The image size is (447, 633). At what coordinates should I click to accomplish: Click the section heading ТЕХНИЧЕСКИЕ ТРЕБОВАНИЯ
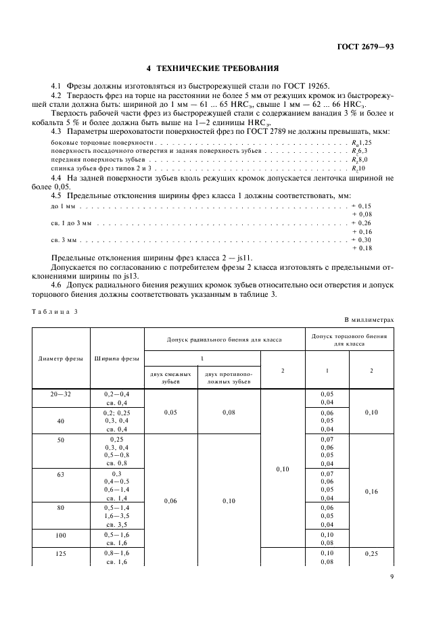pyautogui.click(x=213, y=69)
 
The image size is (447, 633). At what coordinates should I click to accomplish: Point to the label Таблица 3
pyautogui.click(x=55, y=310)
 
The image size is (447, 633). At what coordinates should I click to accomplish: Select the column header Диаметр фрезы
pyautogui.click(x=62, y=358)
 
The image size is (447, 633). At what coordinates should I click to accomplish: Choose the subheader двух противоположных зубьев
pyautogui.click(x=229, y=377)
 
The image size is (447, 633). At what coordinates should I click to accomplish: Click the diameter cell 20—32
pyautogui.click(x=62, y=394)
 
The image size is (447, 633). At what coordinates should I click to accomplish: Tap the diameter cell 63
pyautogui.click(x=62, y=474)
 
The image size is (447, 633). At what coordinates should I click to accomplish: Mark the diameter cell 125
pyautogui.click(x=62, y=553)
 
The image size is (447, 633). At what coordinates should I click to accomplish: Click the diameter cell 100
pyautogui.click(x=62, y=534)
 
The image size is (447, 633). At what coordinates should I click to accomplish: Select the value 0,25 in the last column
pyautogui.click(x=371, y=553)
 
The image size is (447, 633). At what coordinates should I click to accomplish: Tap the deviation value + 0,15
pyautogui.click(x=362, y=205)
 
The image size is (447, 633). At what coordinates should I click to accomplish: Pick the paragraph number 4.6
pyautogui.click(x=57, y=285)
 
